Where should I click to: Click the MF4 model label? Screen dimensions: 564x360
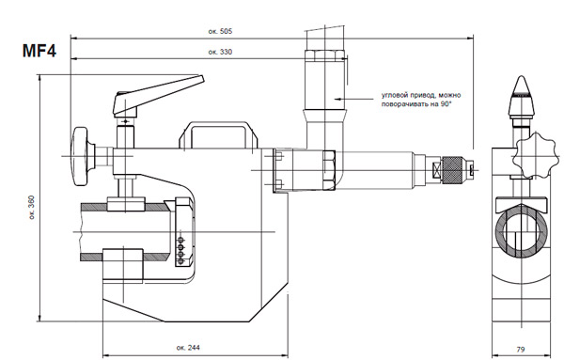[39, 51]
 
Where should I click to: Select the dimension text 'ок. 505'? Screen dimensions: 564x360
[220, 31]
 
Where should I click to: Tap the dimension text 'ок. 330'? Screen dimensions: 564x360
[220, 52]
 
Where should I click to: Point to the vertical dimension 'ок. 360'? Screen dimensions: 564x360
[32, 208]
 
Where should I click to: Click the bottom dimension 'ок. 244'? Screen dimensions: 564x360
[188, 348]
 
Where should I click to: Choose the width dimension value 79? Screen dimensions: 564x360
[520, 349]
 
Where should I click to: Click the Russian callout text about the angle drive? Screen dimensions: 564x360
[421, 100]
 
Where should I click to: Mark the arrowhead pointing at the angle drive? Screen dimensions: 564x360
[337, 98]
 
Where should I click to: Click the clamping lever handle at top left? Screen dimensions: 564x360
[158, 94]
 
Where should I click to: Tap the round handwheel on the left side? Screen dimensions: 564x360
[80, 156]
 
